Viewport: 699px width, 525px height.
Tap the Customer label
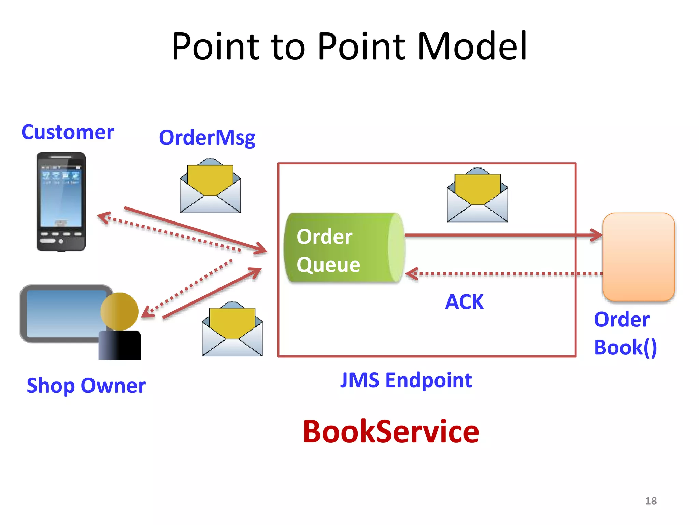[67, 132]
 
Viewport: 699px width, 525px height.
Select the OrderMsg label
[207, 138]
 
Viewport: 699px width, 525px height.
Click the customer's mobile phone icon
[61, 202]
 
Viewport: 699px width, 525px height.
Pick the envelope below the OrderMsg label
[210, 186]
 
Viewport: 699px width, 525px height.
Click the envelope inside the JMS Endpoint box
[477, 196]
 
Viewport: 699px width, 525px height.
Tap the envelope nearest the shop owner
[232, 329]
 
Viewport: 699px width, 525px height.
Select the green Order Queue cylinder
[343, 248]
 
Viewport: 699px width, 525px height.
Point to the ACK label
[465, 302]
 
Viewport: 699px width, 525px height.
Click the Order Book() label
[625, 334]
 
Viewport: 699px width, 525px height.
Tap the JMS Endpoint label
[406, 380]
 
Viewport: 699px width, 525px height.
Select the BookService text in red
[391, 432]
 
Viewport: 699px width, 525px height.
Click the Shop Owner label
[86, 386]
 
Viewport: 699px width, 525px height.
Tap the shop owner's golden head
[119, 311]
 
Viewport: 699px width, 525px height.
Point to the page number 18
[651, 501]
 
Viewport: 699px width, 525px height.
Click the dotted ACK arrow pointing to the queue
[505, 274]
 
